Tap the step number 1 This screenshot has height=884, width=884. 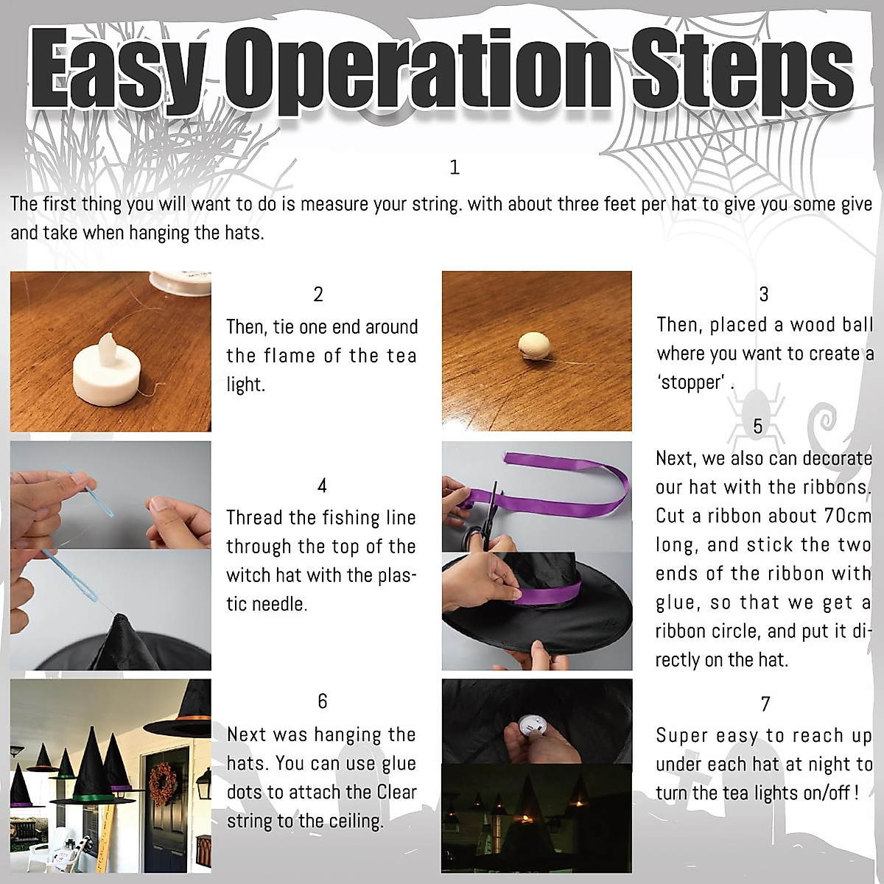[x=455, y=167]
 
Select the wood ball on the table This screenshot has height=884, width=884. [x=536, y=346]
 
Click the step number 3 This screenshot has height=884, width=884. [x=764, y=294]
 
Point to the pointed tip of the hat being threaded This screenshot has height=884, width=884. [x=120, y=614]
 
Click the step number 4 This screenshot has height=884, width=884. [x=322, y=485]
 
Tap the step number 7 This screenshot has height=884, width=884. [x=765, y=704]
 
